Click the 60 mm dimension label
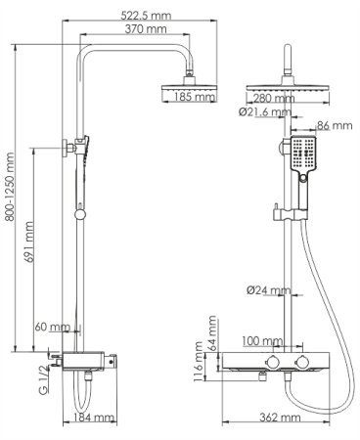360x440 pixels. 52,328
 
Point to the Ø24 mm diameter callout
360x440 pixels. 265,290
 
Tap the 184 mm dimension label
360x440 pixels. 95,418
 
